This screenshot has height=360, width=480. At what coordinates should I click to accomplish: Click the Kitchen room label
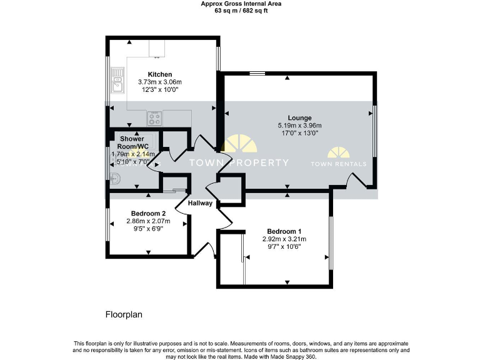159,74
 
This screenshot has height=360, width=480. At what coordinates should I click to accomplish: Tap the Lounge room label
299,117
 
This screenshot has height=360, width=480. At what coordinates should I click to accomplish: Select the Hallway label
201,203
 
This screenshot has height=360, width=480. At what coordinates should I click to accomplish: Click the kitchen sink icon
117,77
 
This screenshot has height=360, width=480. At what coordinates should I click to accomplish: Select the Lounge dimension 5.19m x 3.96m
299,125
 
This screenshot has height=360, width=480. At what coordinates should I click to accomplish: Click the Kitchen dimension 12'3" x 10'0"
159,90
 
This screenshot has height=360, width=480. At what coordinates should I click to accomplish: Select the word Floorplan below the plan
123,314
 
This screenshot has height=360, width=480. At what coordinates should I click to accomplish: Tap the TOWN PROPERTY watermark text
239,163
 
